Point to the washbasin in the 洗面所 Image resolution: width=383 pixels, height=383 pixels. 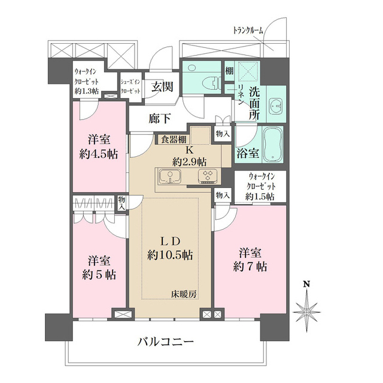coord(276,107)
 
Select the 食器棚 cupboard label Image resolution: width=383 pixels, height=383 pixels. coord(173,140)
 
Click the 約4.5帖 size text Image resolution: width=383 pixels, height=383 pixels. coord(98,153)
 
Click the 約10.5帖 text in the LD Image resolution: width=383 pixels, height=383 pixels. coord(171,255)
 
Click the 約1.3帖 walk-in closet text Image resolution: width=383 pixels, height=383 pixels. coord(87,91)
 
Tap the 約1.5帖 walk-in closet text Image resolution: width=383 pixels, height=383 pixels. coord(259,196)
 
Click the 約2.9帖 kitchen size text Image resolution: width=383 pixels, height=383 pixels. coord(190,161)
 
